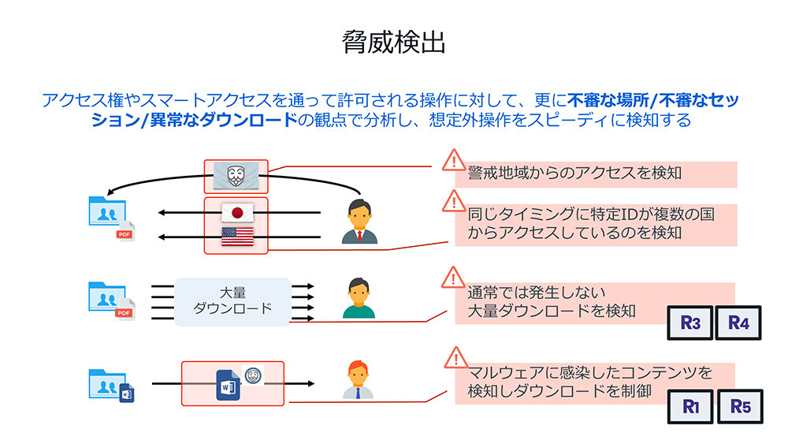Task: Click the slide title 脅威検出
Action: tap(394, 43)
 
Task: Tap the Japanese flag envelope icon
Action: tap(236, 213)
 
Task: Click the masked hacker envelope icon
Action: tap(236, 177)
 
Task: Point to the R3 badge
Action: tap(690, 323)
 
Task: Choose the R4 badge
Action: tap(738, 323)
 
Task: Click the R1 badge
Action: tap(690, 407)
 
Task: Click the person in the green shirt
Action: tap(359, 298)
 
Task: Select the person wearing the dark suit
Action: tap(359, 222)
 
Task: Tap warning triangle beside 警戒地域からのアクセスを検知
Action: tap(453, 161)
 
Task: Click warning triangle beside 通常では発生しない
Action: tap(453, 278)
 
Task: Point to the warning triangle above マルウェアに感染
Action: tap(453, 357)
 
